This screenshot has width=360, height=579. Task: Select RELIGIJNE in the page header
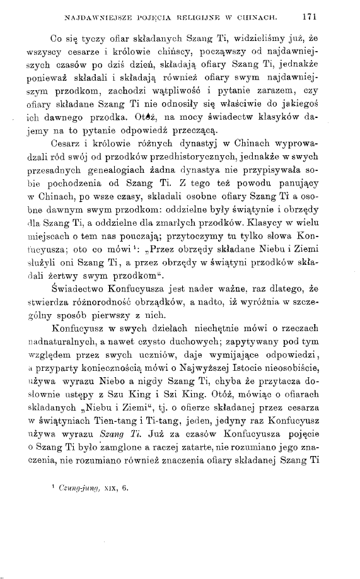pos(189,11)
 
